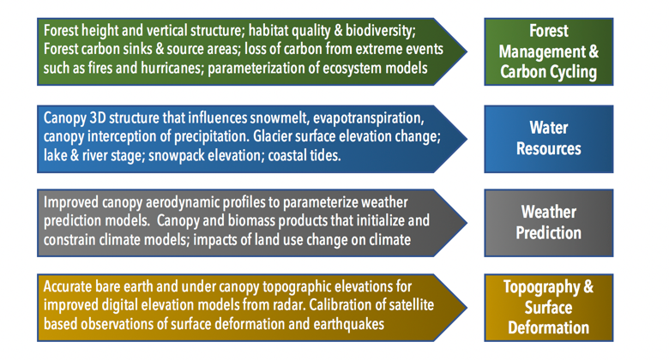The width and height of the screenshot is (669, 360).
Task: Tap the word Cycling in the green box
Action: click(573, 73)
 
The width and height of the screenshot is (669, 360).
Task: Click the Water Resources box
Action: click(549, 139)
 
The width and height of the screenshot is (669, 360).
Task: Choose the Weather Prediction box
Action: click(549, 223)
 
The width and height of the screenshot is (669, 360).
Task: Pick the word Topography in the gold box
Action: click(541, 287)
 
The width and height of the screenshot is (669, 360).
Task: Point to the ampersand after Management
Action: click(594, 51)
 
